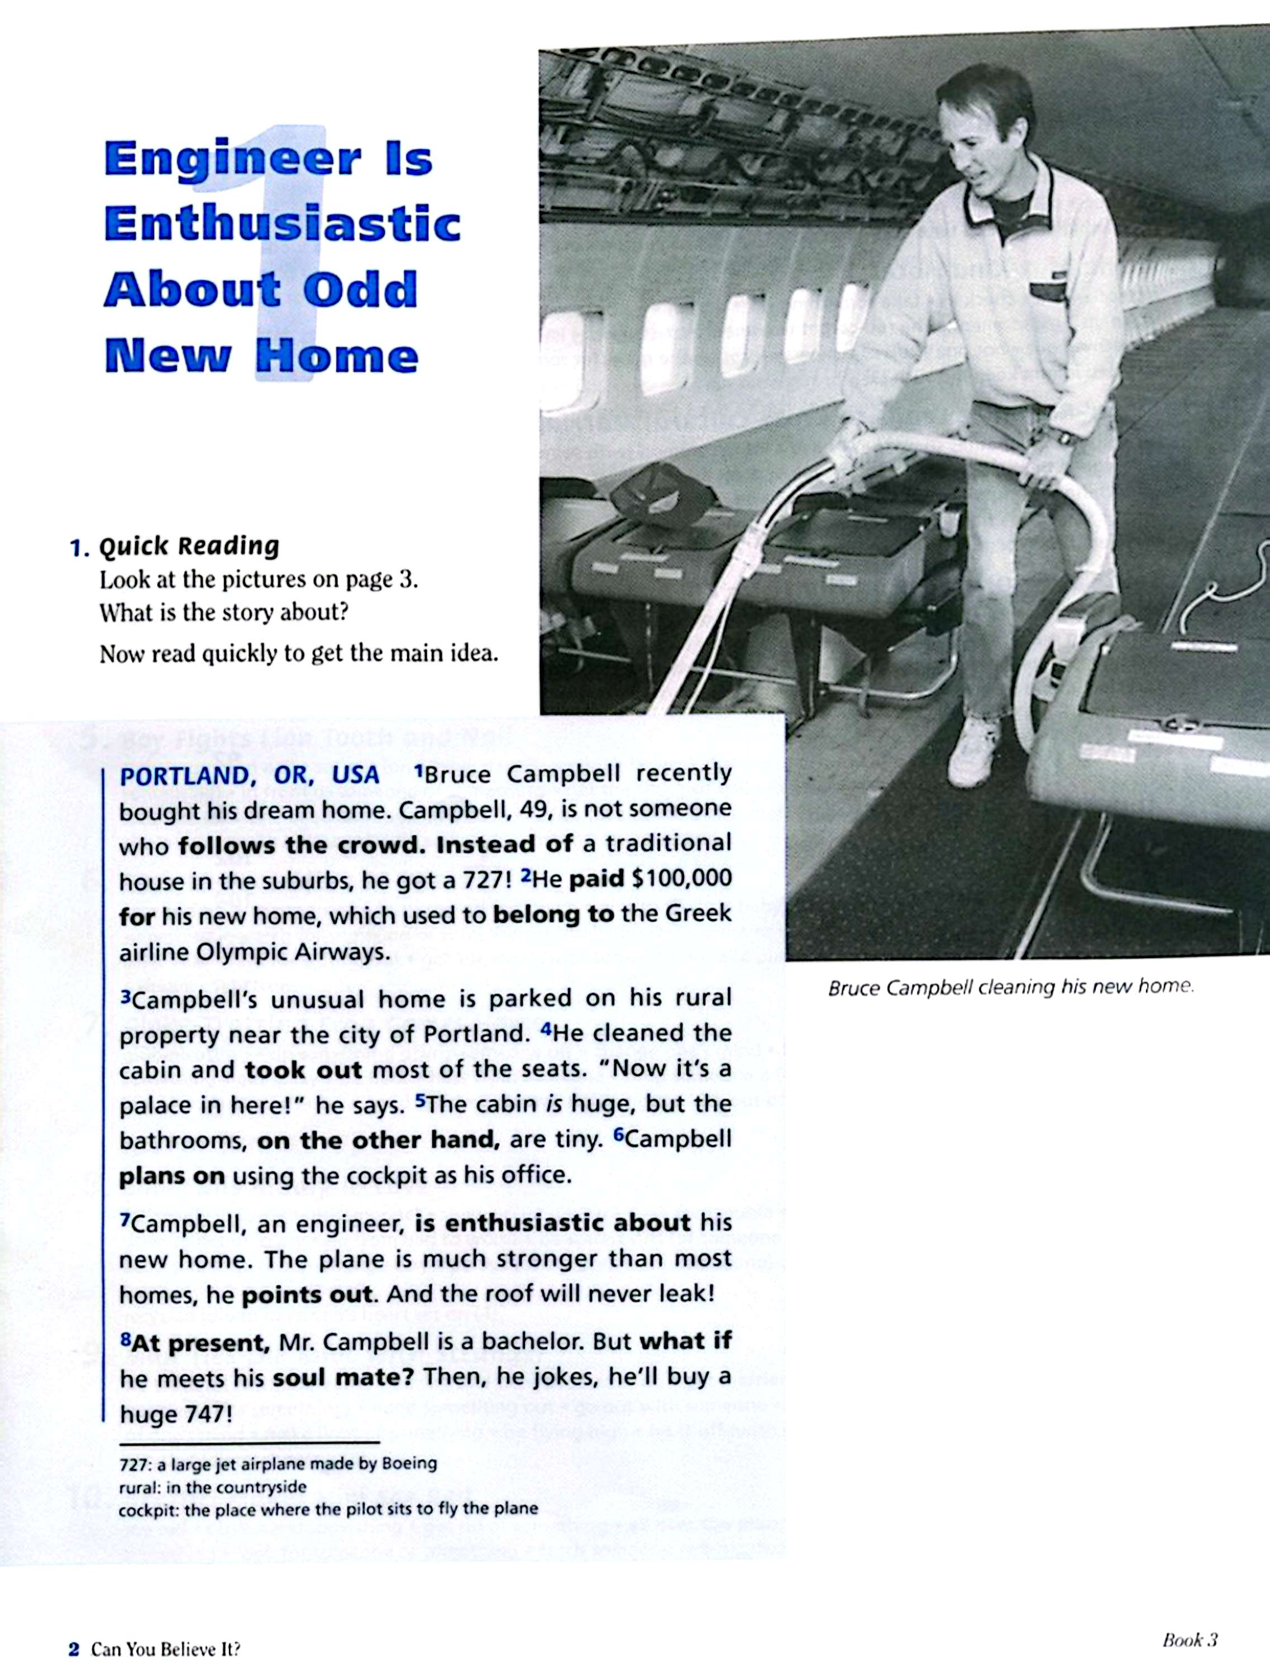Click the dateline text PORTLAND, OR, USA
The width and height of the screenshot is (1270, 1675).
[250, 774]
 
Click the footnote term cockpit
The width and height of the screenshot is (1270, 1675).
[147, 1509]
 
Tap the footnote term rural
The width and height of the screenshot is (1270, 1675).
[137, 1486]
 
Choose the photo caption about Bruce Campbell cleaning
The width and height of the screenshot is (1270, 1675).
[1010, 988]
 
